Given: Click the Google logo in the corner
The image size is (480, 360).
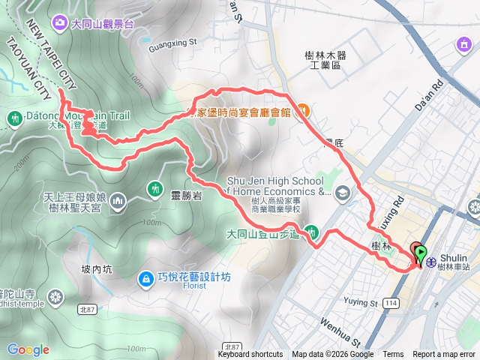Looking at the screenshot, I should pyautogui.click(x=28, y=349).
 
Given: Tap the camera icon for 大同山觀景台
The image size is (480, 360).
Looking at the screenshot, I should pyautogui.click(x=59, y=24).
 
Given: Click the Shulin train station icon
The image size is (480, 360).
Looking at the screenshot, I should pyautogui.click(x=431, y=261).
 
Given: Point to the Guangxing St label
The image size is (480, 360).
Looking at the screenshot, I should pyautogui.click(x=173, y=43).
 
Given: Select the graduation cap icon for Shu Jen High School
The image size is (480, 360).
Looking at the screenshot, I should pyautogui.click(x=343, y=193).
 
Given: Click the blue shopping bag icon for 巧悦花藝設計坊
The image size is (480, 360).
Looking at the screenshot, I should pyautogui.click(x=144, y=279).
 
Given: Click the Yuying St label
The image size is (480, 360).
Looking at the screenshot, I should pyautogui.click(x=360, y=304).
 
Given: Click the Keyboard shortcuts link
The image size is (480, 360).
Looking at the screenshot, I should pyautogui.click(x=250, y=355).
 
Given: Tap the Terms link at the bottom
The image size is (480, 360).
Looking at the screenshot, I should pyautogui.click(x=393, y=355).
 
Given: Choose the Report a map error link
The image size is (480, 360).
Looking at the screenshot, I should pyautogui.click(x=445, y=355).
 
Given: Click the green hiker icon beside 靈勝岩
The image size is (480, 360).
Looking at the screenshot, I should pyautogui.click(x=154, y=187).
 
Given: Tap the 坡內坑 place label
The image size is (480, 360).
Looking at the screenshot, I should pyautogui.click(x=97, y=268).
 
